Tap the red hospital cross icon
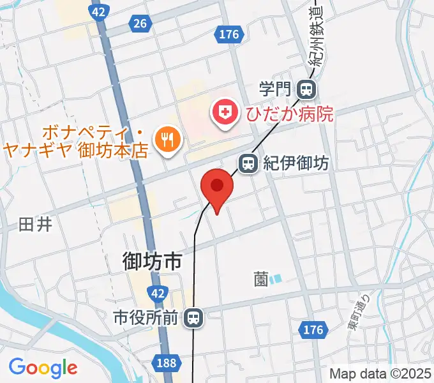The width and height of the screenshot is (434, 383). (x=225, y=114)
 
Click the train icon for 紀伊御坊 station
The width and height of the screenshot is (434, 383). (x=248, y=164)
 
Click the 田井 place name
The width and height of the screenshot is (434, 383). (x=34, y=225)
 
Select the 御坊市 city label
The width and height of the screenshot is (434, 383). (x=153, y=262)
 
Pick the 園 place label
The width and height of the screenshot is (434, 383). (x=260, y=279)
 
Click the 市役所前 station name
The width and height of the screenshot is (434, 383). (x=145, y=317)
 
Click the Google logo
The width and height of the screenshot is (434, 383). (x=43, y=368)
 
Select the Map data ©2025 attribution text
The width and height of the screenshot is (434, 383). (x=380, y=373)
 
